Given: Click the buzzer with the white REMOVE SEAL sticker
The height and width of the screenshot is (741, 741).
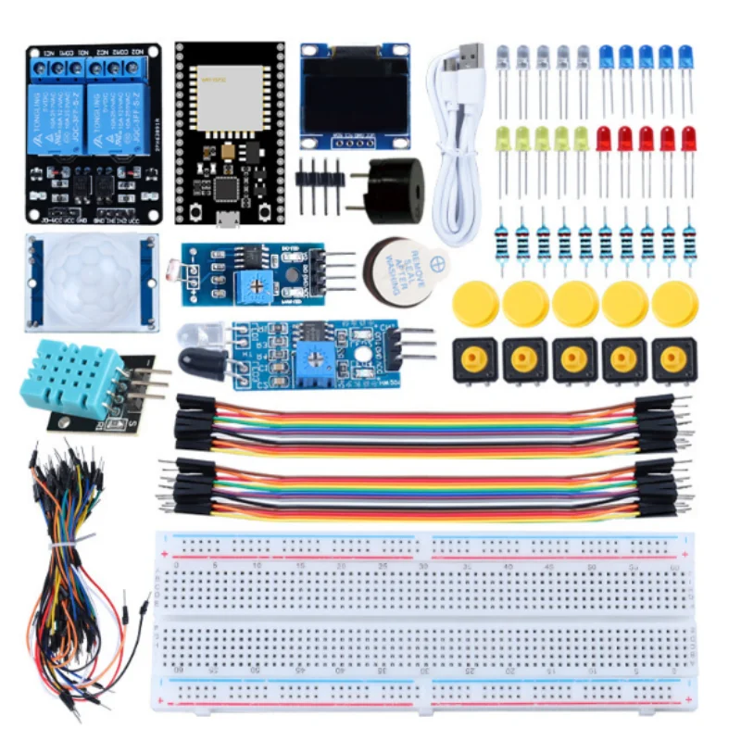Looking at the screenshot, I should (x=402, y=267).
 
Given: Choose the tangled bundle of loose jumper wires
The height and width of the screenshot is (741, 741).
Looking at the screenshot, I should (x=79, y=565).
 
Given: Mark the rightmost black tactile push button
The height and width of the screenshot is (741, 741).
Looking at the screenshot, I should (x=674, y=360).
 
